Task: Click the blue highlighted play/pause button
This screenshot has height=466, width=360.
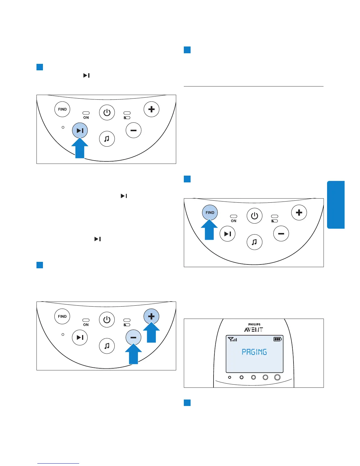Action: pyautogui.click(x=80, y=130)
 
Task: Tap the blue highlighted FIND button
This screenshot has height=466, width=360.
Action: pyautogui.click(x=210, y=212)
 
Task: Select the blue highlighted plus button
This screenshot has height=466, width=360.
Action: pyautogui.click(x=151, y=316)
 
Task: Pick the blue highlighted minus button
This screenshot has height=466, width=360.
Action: pyautogui.click(x=133, y=337)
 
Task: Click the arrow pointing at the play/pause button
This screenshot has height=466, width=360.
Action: pyautogui.click(x=80, y=149)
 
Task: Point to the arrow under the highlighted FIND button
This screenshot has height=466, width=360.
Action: pyautogui.click(x=209, y=230)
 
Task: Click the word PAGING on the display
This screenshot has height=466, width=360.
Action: pyautogui.click(x=254, y=352)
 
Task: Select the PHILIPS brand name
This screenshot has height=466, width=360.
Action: pyautogui.click(x=254, y=324)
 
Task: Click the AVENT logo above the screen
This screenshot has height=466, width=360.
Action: pyautogui.click(x=254, y=330)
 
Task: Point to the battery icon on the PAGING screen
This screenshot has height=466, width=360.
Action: pyautogui.click(x=278, y=339)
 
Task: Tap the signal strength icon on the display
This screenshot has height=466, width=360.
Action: pyautogui.click(x=232, y=339)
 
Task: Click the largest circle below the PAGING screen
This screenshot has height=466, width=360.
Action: pyautogui.click(x=277, y=377)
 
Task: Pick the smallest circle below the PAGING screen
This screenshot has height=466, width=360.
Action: pyautogui.click(x=230, y=377)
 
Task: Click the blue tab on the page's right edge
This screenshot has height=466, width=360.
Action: pyautogui.click(x=336, y=205)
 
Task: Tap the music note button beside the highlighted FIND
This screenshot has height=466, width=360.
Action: pyautogui.click(x=254, y=242)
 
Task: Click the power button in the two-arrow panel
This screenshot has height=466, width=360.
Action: pyautogui.click(x=107, y=319)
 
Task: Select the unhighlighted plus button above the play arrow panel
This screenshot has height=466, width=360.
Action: pyautogui.click(x=151, y=109)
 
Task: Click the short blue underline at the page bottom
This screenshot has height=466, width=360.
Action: pyautogui.click(x=58, y=463)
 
